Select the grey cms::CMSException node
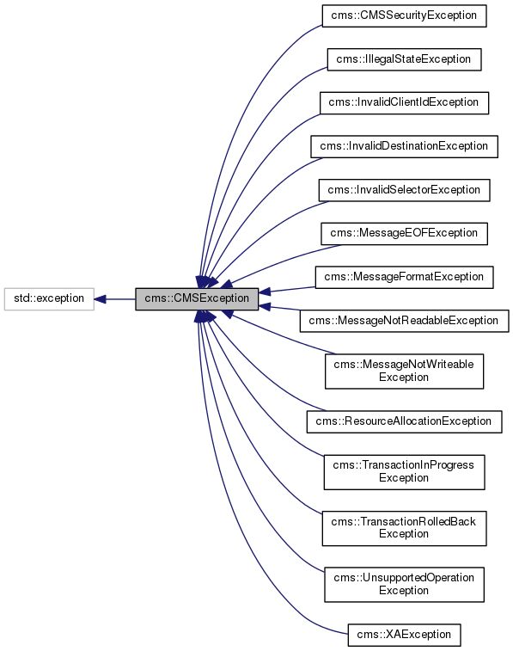(x=197, y=299)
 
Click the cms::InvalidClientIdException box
(x=404, y=102)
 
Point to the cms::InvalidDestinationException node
(x=404, y=146)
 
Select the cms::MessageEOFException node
(x=404, y=233)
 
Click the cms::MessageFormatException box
(x=404, y=277)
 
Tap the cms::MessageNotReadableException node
(x=404, y=320)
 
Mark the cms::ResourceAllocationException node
(x=404, y=421)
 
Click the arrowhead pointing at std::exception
(x=100, y=299)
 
